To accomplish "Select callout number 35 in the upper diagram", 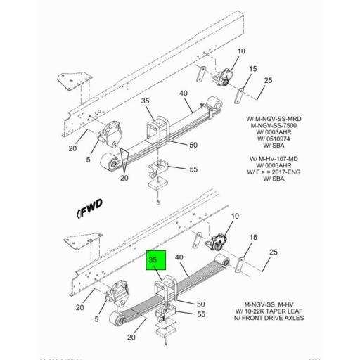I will coord(146,101).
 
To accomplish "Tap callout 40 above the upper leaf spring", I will coord(183,94).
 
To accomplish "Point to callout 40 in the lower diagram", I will coord(178,258).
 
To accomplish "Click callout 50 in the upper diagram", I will coord(193,144).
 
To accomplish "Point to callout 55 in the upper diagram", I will coord(193,169).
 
